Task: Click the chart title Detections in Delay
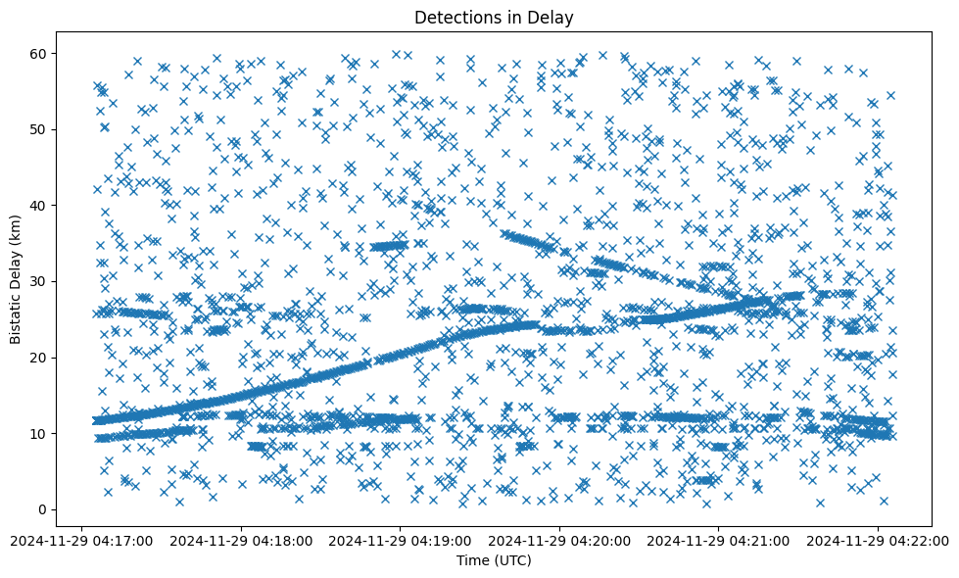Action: tap(494, 17)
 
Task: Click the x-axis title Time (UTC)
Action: tap(494, 560)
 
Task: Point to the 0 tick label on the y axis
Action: tap(43, 509)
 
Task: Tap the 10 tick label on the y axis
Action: tap(39, 433)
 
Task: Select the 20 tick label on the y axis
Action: tap(39, 358)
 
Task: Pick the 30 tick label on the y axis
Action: tap(39, 281)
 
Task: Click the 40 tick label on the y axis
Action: tap(39, 205)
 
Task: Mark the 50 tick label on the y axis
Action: tap(39, 129)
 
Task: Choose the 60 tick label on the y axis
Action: tap(39, 53)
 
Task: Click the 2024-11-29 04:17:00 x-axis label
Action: tap(82, 540)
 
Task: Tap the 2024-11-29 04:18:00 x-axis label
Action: tap(241, 540)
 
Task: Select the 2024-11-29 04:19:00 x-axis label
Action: tap(401, 540)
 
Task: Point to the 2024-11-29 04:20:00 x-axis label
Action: tap(559, 540)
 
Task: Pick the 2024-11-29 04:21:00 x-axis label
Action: tap(719, 540)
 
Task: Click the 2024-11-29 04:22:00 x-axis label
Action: tap(878, 540)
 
